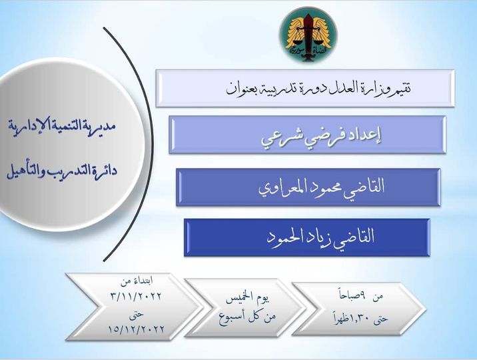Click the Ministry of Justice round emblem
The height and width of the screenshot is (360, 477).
pos(308,35)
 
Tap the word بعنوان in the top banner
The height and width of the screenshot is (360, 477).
pos(241,89)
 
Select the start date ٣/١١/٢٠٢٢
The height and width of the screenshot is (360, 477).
pos(136,296)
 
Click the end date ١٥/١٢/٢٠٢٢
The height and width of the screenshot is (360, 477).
pos(137,329)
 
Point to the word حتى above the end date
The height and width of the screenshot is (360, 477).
pos(137,315)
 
